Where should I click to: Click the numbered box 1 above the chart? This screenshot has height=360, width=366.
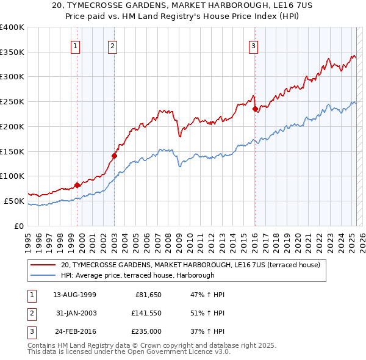[75, 45]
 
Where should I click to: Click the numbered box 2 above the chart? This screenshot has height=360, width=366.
[113, 45]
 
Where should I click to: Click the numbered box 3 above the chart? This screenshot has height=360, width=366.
[253, 45]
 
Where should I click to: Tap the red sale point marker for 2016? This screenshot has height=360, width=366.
[255, 109]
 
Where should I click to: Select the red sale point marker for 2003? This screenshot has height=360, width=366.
[114, 156]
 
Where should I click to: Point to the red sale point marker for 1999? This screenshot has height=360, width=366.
[77, 185]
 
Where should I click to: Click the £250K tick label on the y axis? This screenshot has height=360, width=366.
[12, 101]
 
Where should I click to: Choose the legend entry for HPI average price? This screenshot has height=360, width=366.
[137, 276]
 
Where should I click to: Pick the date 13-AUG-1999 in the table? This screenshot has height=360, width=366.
[74, 295]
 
